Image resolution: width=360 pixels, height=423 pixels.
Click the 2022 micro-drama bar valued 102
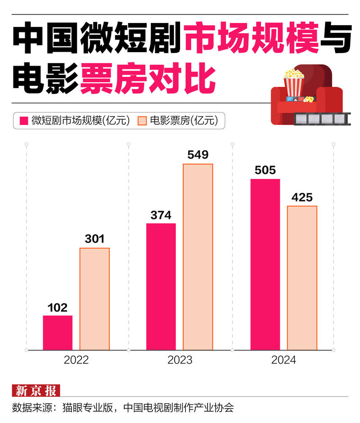(x=58, y=333)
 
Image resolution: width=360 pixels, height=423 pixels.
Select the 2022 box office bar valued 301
(x=94, y=299)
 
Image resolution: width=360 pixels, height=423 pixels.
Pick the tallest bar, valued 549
(x=198, y=256)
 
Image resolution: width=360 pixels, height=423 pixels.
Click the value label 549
(x=198, y=155)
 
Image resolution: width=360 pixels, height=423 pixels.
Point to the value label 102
(x=58, y=308)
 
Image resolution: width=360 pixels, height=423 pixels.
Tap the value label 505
(x=265, y=171)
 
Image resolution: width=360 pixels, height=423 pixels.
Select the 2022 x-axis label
(x=76, y=360)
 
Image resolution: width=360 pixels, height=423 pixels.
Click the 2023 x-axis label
(x=180, y=360)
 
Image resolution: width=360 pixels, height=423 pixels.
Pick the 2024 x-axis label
(x=283, y=360)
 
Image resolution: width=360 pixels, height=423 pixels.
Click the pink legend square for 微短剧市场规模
(x=23, y=121)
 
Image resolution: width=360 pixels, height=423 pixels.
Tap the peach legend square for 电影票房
(x=142, y=121)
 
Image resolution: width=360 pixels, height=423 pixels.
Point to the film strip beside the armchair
(x=321, y=118)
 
